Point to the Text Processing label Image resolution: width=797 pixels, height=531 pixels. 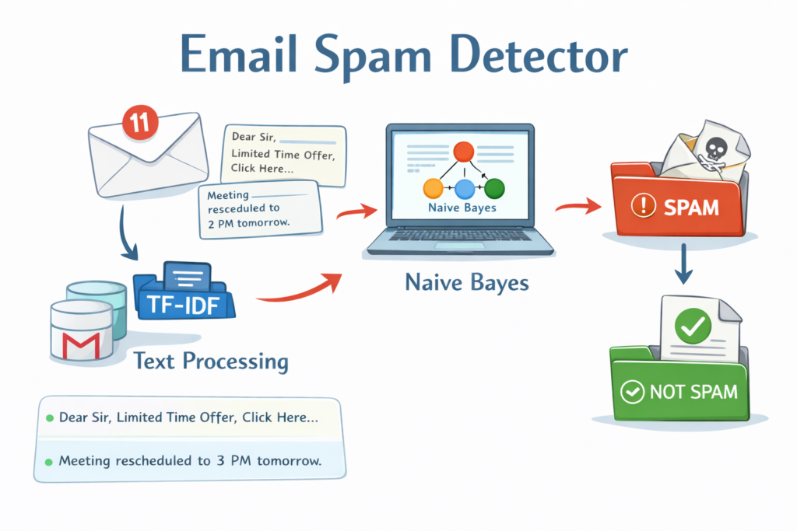pyautogui.click(x=211, y=361)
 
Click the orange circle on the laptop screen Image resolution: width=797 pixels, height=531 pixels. pyautogui.click(x=432, y=189)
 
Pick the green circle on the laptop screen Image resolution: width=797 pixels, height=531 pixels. pyautogui.click(x=494, y=188)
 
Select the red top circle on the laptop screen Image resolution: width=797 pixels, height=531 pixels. pyautogui.click(x=464, y=152)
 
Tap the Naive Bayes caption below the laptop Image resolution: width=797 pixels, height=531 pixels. pyautogui.click(x=467, y=281)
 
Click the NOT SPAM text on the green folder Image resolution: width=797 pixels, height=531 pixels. pyautogui.click(x=693, y=390)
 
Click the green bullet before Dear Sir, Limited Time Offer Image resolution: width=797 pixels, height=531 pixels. pyautogui.click(x=50, y=418)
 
